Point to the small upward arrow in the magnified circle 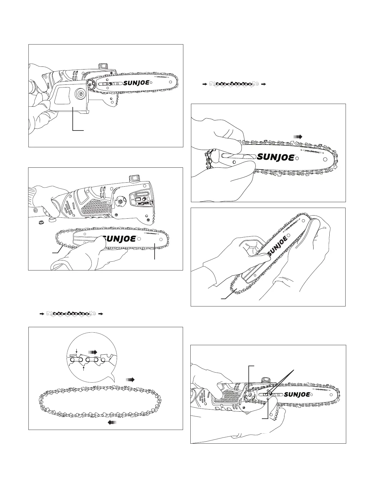84,368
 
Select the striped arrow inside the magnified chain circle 93,352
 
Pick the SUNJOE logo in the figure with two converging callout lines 297,394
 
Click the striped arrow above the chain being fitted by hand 298,137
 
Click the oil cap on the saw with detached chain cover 103,66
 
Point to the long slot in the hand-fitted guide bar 237,156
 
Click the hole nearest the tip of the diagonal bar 300,220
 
